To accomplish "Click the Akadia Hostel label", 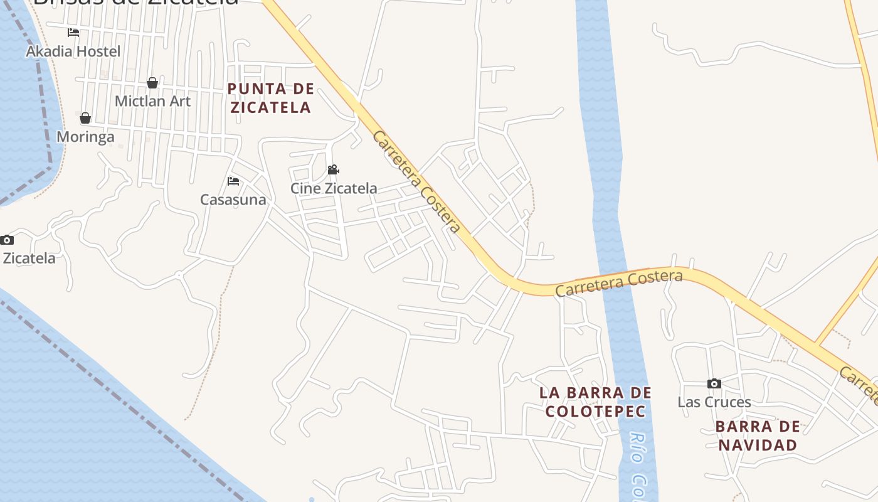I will click(73, 51).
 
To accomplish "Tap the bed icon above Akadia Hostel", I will click(73, 32).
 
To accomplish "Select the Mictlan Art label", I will click(152, 101).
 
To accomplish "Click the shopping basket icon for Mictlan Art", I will click(152, 83).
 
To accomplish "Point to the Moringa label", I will click(85, 137).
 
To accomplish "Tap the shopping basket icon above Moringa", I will click(85, 118).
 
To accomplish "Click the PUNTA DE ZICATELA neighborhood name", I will click(270, 98).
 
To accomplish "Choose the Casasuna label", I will click(233, 200).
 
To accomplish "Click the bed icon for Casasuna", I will click(233, 181).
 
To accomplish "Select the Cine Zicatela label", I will click(334, 188).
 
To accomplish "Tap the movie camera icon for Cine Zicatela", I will click(333, 170).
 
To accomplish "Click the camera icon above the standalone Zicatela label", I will click(7, 240).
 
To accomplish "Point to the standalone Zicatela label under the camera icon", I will click(29, 258).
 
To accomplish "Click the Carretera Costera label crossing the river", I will click(618, 283).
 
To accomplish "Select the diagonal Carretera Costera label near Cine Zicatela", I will click(416, 182).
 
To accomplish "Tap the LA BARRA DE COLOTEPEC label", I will click(595, 402).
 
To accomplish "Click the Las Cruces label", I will click(714, 402).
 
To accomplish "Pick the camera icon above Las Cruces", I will click(714, 383).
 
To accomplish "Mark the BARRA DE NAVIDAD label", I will click(758, 435).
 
